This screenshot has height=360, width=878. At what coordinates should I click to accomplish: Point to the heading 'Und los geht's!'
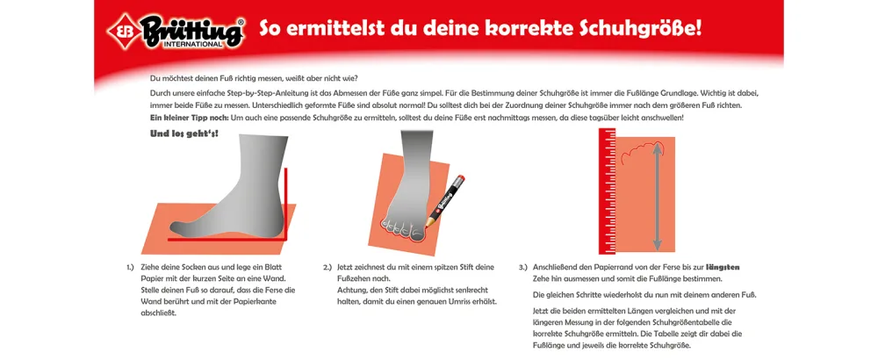[x=184, y=133]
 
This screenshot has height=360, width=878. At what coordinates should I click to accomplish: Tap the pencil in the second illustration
[x=445, y=200]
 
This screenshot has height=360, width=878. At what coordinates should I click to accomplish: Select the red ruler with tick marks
[x=607, y=191]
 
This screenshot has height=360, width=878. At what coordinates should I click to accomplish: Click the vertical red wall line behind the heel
[x=286, y=203]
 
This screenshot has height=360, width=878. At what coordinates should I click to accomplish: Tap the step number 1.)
[x=131, y=267]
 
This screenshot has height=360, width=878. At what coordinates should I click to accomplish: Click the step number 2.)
[x=328, y=267]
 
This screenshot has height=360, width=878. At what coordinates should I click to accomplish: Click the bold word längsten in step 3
[x=723, y=268]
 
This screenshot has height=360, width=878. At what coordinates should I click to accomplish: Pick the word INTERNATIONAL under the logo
[x=193, y=43]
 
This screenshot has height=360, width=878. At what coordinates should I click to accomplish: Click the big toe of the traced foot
[x=417, y=234]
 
